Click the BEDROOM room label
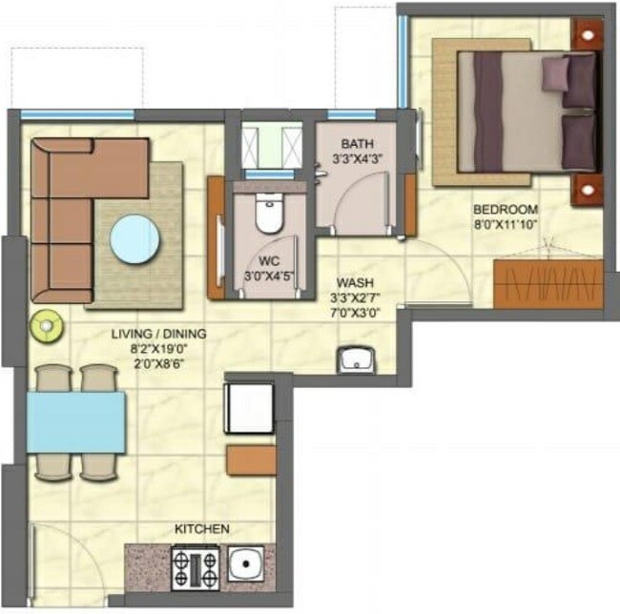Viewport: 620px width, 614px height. [506, 209]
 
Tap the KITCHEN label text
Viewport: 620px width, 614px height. [200, 528]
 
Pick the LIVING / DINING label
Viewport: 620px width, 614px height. [158, 334]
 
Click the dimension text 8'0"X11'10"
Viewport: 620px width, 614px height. [506, 226]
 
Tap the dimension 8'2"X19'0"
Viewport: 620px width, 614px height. [158, 350]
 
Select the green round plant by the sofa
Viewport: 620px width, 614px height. [45, 326]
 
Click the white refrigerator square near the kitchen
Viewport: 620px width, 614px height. [250, 407]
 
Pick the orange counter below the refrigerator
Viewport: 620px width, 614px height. [251, 460]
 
